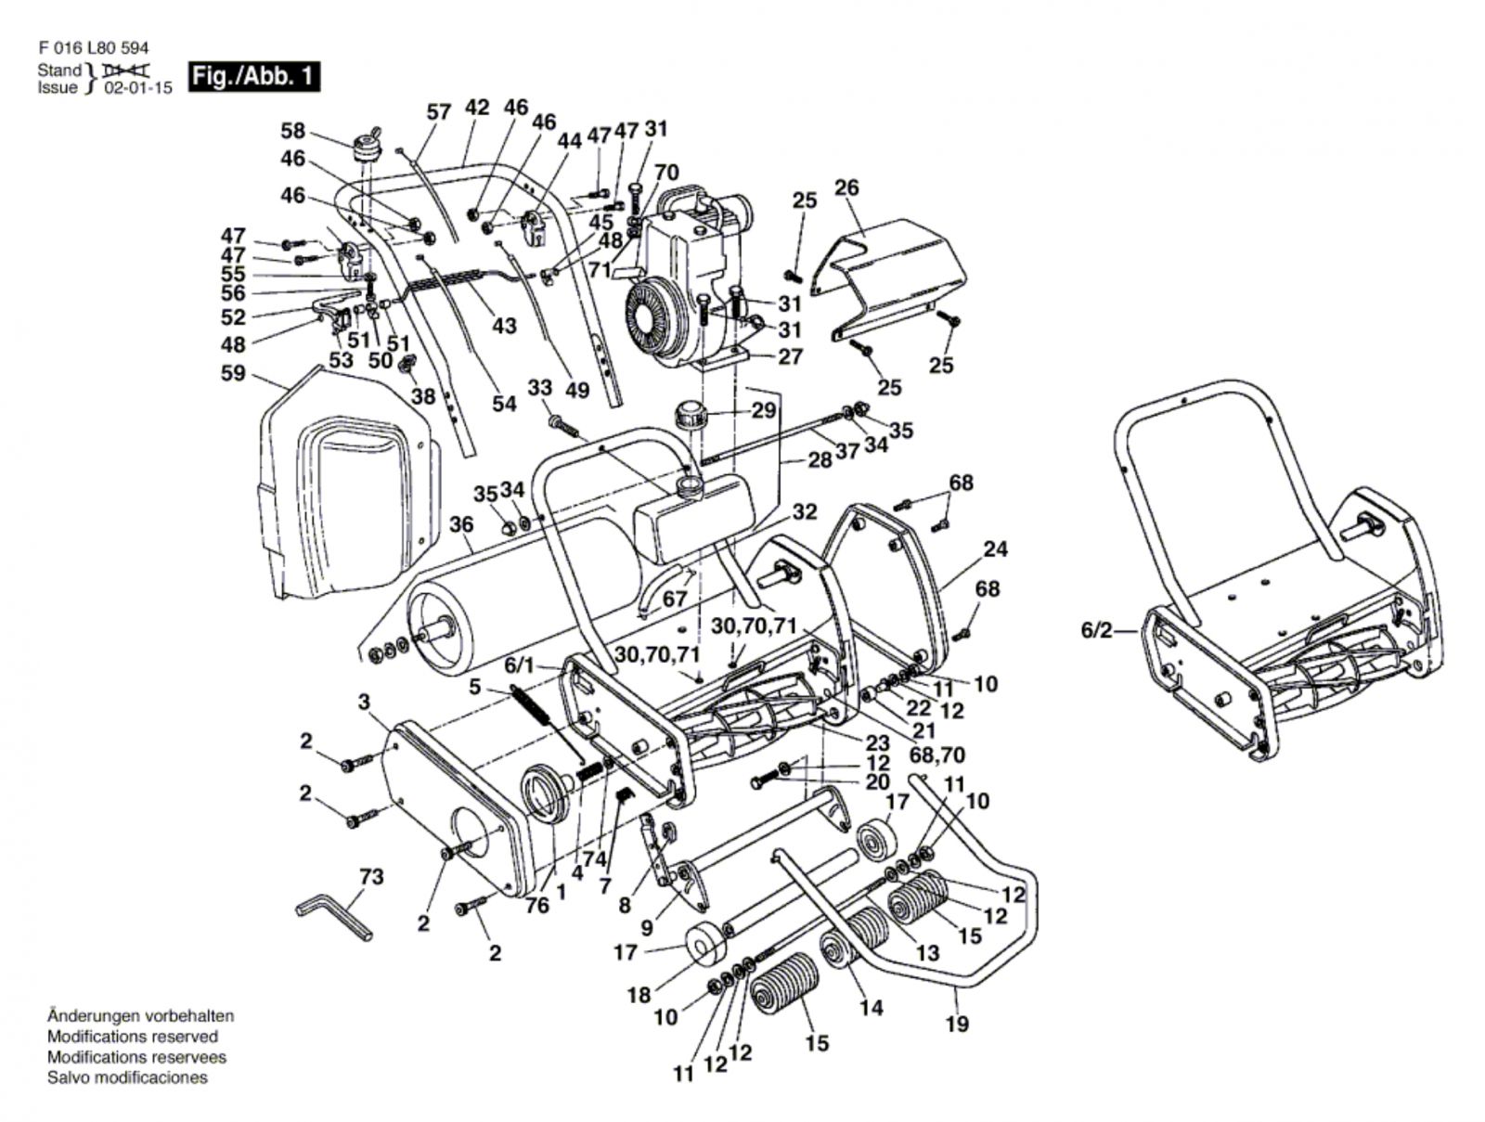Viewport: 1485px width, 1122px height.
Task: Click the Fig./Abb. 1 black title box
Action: (253, 76)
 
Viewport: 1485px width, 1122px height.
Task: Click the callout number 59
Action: (232, 373)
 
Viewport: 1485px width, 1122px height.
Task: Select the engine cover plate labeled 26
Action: (891, 264)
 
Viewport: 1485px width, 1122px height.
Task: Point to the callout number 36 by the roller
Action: (461, 526)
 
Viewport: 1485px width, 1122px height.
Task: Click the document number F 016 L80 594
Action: (93, 48)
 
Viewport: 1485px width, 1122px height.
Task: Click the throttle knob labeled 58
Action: (367, 148)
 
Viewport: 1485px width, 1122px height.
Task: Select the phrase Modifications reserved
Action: (132, 1037)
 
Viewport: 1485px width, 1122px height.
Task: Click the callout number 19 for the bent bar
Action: (957, 1024)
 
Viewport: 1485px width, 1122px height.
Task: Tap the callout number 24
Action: (995, 548)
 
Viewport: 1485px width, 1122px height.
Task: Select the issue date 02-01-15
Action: (138, 89)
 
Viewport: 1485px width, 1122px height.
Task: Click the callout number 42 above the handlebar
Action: (476, 108)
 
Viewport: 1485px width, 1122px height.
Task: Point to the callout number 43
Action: (504, 327)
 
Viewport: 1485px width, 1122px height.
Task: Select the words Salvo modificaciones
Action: (127, 1077)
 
